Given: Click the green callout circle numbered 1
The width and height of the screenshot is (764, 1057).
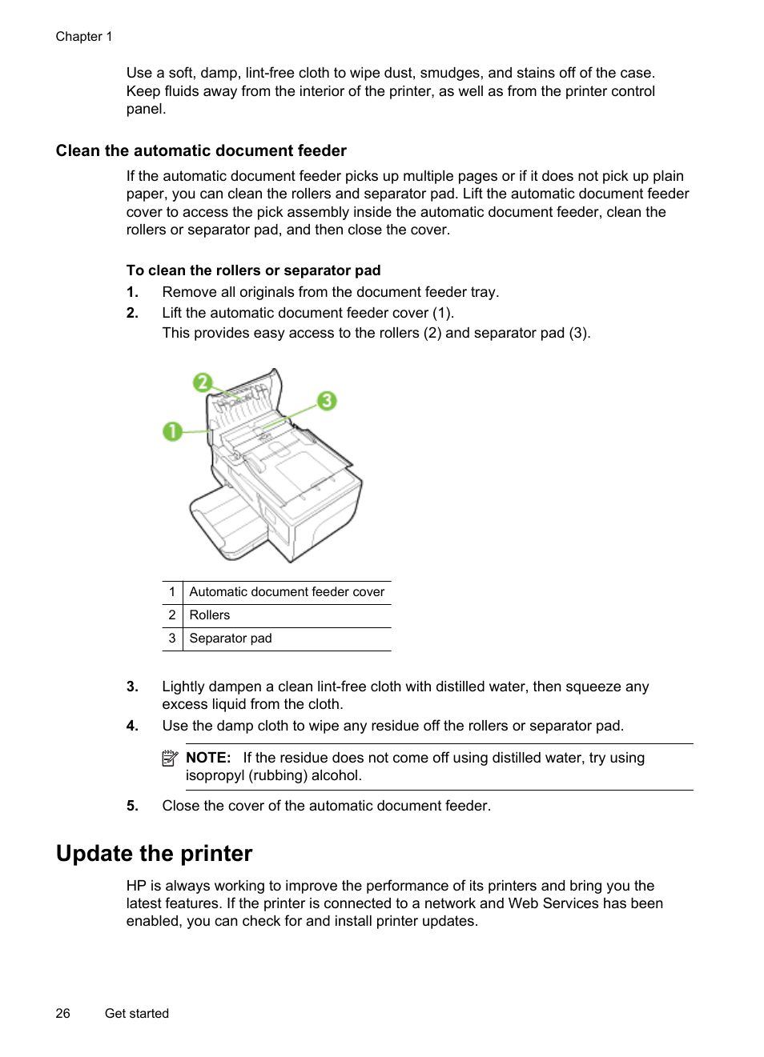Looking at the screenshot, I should click(x=172, y=432).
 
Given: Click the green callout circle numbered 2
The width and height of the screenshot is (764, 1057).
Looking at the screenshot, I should click(x=203, y=382).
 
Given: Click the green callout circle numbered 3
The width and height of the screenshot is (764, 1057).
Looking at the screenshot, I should click(x=326, y=400).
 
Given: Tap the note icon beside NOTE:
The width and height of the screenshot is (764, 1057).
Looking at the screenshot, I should click(x=170, y=758).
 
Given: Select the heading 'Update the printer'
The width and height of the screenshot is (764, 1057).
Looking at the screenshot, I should click(x=154, y=854).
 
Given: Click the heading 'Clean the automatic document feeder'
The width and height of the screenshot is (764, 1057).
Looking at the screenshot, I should click(x=201, y=151).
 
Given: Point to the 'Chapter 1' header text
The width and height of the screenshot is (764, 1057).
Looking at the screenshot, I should click(x=84, y=37).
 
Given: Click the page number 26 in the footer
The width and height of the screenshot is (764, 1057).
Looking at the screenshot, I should click(x=62, y=1013).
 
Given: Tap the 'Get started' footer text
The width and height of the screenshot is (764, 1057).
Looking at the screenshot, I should click(x=137, y=1013).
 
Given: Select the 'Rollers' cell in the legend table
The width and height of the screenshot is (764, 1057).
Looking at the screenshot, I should click(x=210, y=615).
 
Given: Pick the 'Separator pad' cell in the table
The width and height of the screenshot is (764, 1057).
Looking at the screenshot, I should click(x=231, y=639).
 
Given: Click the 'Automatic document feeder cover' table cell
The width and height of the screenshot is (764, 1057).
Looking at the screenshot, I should click(x=287, y=592).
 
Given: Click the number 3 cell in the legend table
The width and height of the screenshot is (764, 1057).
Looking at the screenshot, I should click(x=171, y=639).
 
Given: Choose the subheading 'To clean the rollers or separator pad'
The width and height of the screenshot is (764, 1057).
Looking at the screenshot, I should click(x=253, y=270).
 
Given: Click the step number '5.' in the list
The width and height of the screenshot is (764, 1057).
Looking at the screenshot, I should click(x=132, y=806).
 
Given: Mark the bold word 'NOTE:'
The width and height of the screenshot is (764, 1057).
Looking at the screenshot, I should click(x=208, y=758).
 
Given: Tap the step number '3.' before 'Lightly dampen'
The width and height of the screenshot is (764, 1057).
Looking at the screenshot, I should click(x=132, y=687).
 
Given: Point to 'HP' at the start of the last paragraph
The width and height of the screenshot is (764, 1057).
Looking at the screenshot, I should click(x=136, y=886).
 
